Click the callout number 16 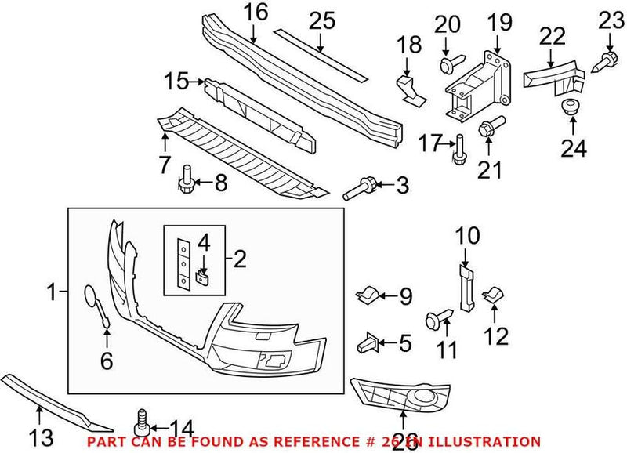[255, 12]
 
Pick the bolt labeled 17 [458, 149]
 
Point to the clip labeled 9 [368, 295]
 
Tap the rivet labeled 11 [436, 318]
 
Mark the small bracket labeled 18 [409, 85]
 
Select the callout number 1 [53, 294]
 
